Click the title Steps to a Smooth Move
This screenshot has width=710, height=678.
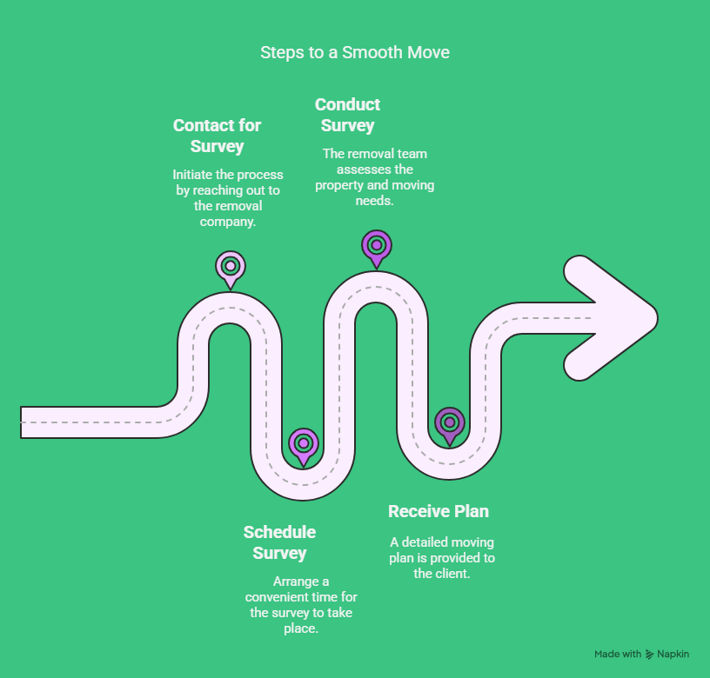pyautogui.click(x=354, y=52)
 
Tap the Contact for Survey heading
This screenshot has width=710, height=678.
pyautogui.click(x=217, y=136)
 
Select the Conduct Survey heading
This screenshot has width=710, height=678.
pyautogui.click(x=347, y=115)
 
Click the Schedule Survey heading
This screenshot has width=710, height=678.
pyautogui.click(x=279, y=542)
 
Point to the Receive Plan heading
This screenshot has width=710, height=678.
pyautogui.click(x=439, y=511)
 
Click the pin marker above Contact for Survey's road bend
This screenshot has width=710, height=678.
pyautogui.click(x=231, y=269)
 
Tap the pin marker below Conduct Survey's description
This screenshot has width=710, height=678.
pyautogui.click(x=376, y=249)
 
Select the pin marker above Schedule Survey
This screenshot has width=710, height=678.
pyautogui.click(x=304, y=447)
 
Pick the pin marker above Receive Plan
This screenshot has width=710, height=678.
pyautogui.click(x=450, y=426)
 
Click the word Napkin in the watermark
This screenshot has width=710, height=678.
pyautogui.click(x=673, y=654)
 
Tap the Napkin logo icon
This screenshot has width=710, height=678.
pyautogui.click(x=649, y=654)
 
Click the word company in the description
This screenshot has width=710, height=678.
pyautogui.click(x=228, y=222)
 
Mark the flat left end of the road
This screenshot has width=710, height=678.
pyautogui.click(x=21, y=422)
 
